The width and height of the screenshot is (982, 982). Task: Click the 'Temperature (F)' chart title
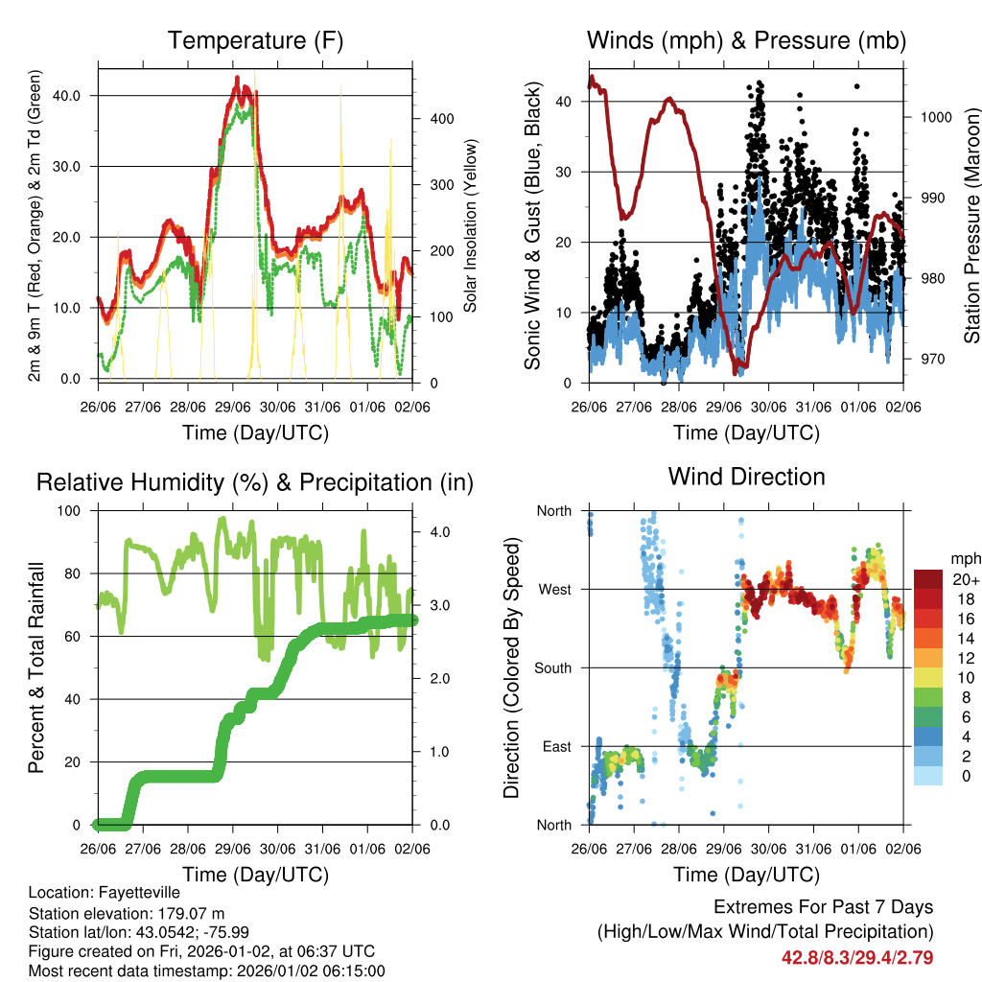coord(255,40)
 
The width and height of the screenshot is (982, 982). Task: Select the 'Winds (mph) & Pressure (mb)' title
coord(746,40)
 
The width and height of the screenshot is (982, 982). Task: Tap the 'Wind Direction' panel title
coord(746,476)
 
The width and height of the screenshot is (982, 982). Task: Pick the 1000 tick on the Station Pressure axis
coord(935,117)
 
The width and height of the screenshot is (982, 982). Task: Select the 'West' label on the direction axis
coord(553,589)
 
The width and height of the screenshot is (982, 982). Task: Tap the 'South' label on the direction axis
coord(551,667)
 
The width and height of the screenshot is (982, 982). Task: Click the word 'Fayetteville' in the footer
coord(137,893)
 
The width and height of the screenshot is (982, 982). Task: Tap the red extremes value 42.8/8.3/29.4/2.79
coord(857,957)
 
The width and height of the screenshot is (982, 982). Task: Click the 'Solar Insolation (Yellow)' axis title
coord(471,226)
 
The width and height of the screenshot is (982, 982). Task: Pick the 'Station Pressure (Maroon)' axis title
coord(971,226)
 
